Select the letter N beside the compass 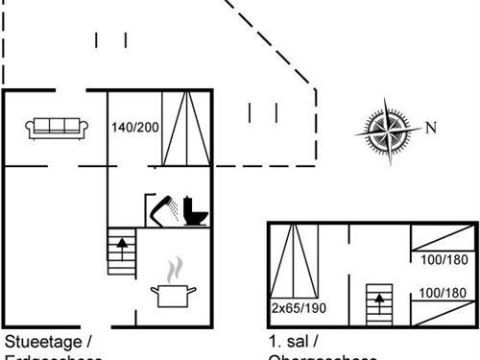431,128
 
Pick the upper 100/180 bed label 443,259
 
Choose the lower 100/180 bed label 443,292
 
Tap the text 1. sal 292,342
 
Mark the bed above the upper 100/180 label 443,237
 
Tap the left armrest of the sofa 32,128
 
